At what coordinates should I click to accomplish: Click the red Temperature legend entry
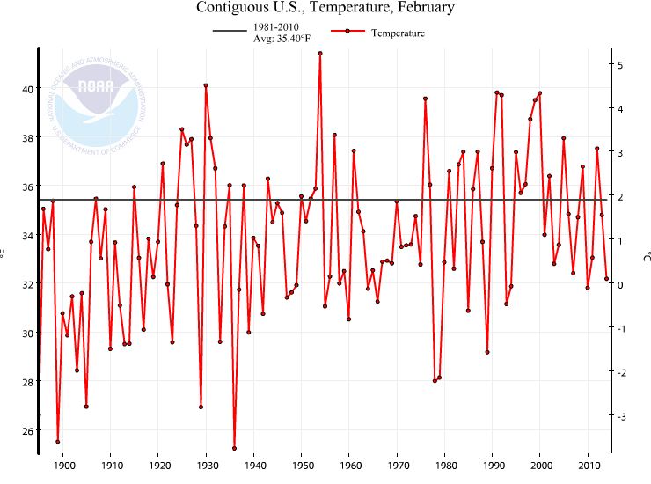click(378, 33)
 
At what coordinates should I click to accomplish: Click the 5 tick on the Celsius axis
click(620, 65)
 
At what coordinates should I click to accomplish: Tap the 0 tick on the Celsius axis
click(620, 284)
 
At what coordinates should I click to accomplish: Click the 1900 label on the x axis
click(63, 466)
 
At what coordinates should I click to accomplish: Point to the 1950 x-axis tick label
click(302, 466)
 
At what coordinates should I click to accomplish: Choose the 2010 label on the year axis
click(588, 466)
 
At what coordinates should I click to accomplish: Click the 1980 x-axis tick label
click(445, 466)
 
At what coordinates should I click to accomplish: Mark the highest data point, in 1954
click(320, 53)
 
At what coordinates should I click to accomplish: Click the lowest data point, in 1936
click(234, 448)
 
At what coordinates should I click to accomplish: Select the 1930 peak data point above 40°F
click(206, 85)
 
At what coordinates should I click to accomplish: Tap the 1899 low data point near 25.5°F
click(58, 442)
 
